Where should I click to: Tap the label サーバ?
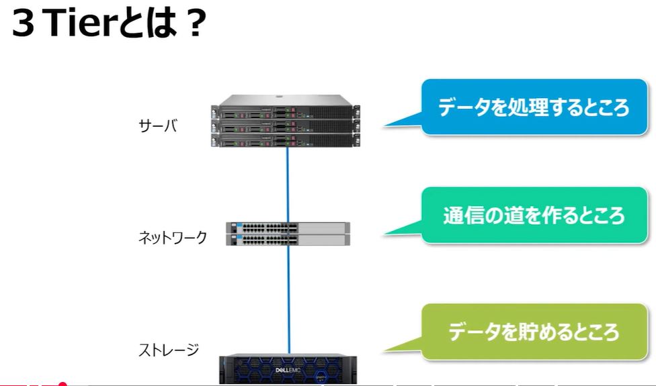pyautogui.click(x=158, y=125)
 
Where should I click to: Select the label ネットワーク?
pyautogui.click(x=173, y=237)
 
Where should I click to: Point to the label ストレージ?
pyautogui.click(x=169, y=350)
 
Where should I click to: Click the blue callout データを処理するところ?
pyautogui.click(x=534, y=107)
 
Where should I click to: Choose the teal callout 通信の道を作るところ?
pyautogui.click(x=534, y=215)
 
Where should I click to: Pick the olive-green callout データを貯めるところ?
pyautogui.click(x=534, y=332)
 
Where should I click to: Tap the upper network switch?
pyautogui.click(x=288, y=227)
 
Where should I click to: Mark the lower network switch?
pyautogui.click(x=288, y=239)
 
